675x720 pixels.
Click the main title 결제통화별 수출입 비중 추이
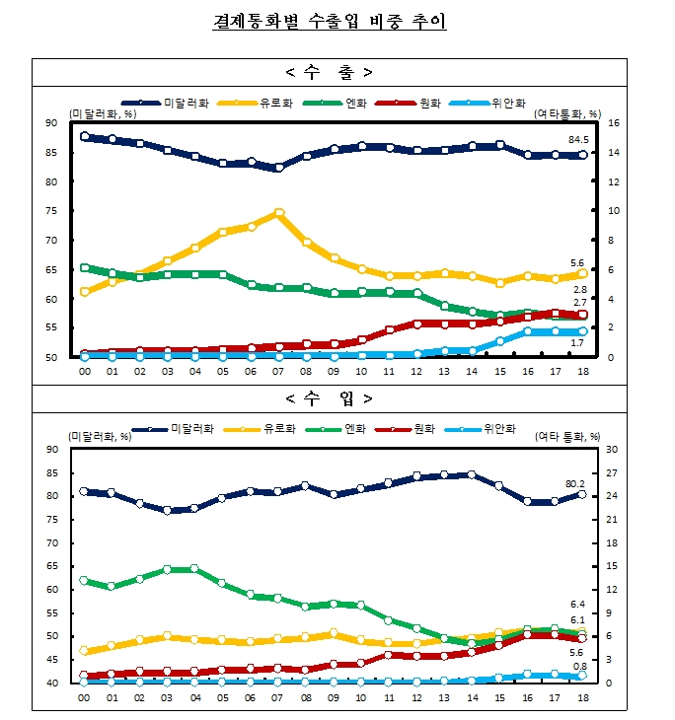tap(330, 22)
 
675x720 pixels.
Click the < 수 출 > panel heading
tap(330, 72)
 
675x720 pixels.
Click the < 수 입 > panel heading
tap(330, 398)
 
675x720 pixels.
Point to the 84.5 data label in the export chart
tap(580, 139)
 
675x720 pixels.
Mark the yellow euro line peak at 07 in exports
tap(279, 212)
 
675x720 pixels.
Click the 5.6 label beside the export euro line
tap(580, 262)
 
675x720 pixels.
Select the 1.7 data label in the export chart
tap(580, 342)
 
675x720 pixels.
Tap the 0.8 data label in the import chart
tap(580, 666)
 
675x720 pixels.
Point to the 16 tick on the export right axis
tap(613, 122)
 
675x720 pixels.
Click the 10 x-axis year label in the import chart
tap(361, 696)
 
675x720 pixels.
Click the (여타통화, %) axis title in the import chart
tap(568, 436)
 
